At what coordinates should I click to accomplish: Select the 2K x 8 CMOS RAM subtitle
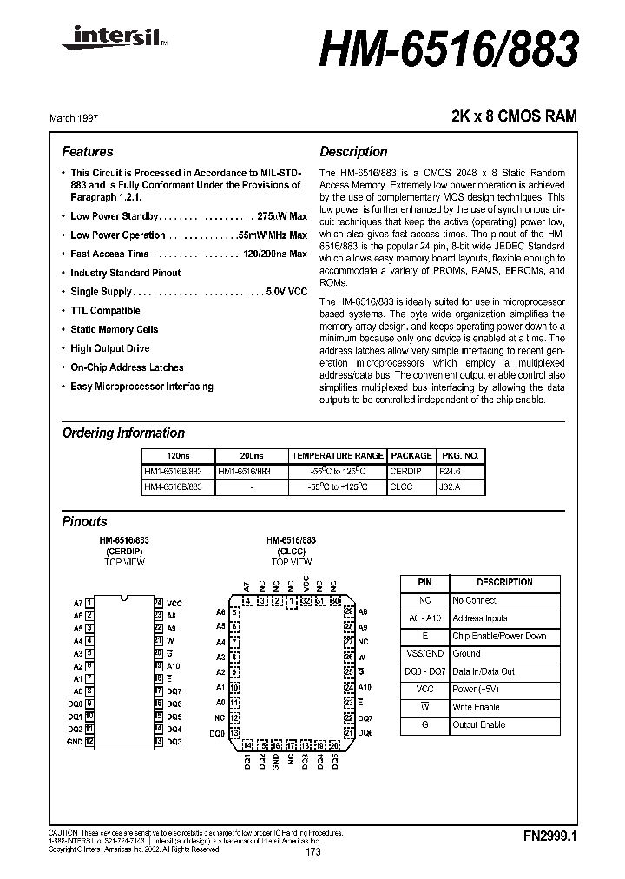click(x=514, y=116)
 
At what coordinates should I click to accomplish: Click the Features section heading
click(x=88, y=151)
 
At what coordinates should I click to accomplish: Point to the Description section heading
click(x=353, y=151)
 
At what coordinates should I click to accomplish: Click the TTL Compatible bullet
click(x=105, y=311)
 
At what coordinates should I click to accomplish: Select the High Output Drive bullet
click(x=109, y=348)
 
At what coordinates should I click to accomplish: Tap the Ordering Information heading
click(x=123, y=433)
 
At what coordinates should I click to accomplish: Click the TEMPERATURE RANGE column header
click(x=338, y=455)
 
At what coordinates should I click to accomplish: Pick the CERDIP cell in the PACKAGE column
click(x=411, y=472)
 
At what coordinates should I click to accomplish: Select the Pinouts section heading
click(x=85, y=522)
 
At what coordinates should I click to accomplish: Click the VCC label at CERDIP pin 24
click(x=174, y=603)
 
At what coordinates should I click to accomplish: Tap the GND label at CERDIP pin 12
click(x=75, y=742)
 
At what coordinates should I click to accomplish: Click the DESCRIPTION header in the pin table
click(x=504, y=582)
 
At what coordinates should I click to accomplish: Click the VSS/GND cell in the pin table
click(x=424, y=654)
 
